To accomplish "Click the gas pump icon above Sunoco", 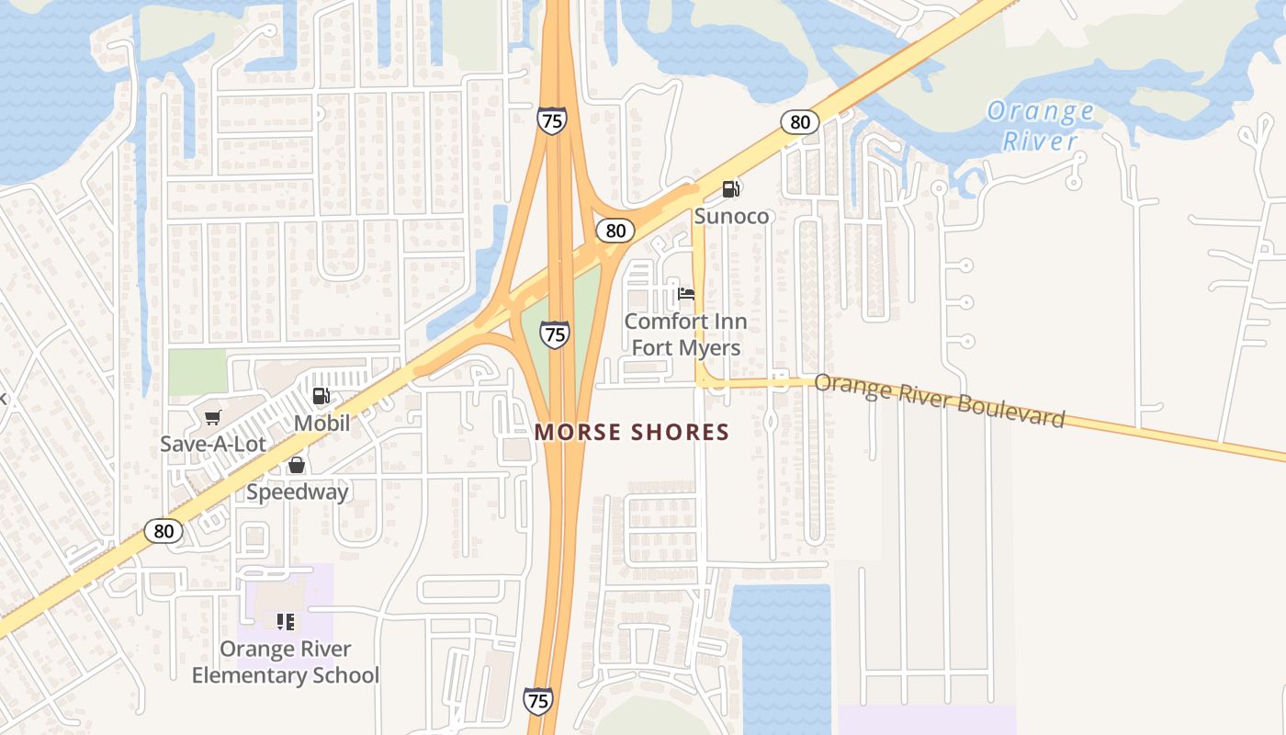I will [731, 189].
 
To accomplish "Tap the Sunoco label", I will [731, 216].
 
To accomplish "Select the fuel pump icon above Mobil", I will [321, 396].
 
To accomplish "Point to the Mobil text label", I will [321, 424].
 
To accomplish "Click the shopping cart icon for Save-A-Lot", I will [213, 418].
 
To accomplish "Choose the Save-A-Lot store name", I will [213, 445].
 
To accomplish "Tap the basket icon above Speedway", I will [297, 465].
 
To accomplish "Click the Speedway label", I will [298, 492].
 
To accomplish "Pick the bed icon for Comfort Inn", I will [685, 294].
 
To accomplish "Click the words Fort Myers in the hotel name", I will [686, 348].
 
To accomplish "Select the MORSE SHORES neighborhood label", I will [632, 432].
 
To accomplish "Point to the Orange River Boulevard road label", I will [940, 401].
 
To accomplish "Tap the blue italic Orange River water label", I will [1040, 127].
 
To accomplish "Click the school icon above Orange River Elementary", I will [285, 622].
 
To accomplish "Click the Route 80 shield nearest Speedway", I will [164, 530].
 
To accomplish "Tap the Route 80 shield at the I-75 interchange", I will [615, 230].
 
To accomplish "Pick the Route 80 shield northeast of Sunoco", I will [800, 121].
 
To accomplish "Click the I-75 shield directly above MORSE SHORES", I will [554, 334].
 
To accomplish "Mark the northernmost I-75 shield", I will [552, 120].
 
